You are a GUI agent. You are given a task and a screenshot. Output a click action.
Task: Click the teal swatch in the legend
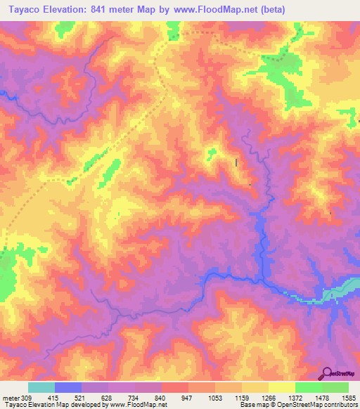coord(41,387)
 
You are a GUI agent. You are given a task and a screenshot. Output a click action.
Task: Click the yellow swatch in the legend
coord(281,387)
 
